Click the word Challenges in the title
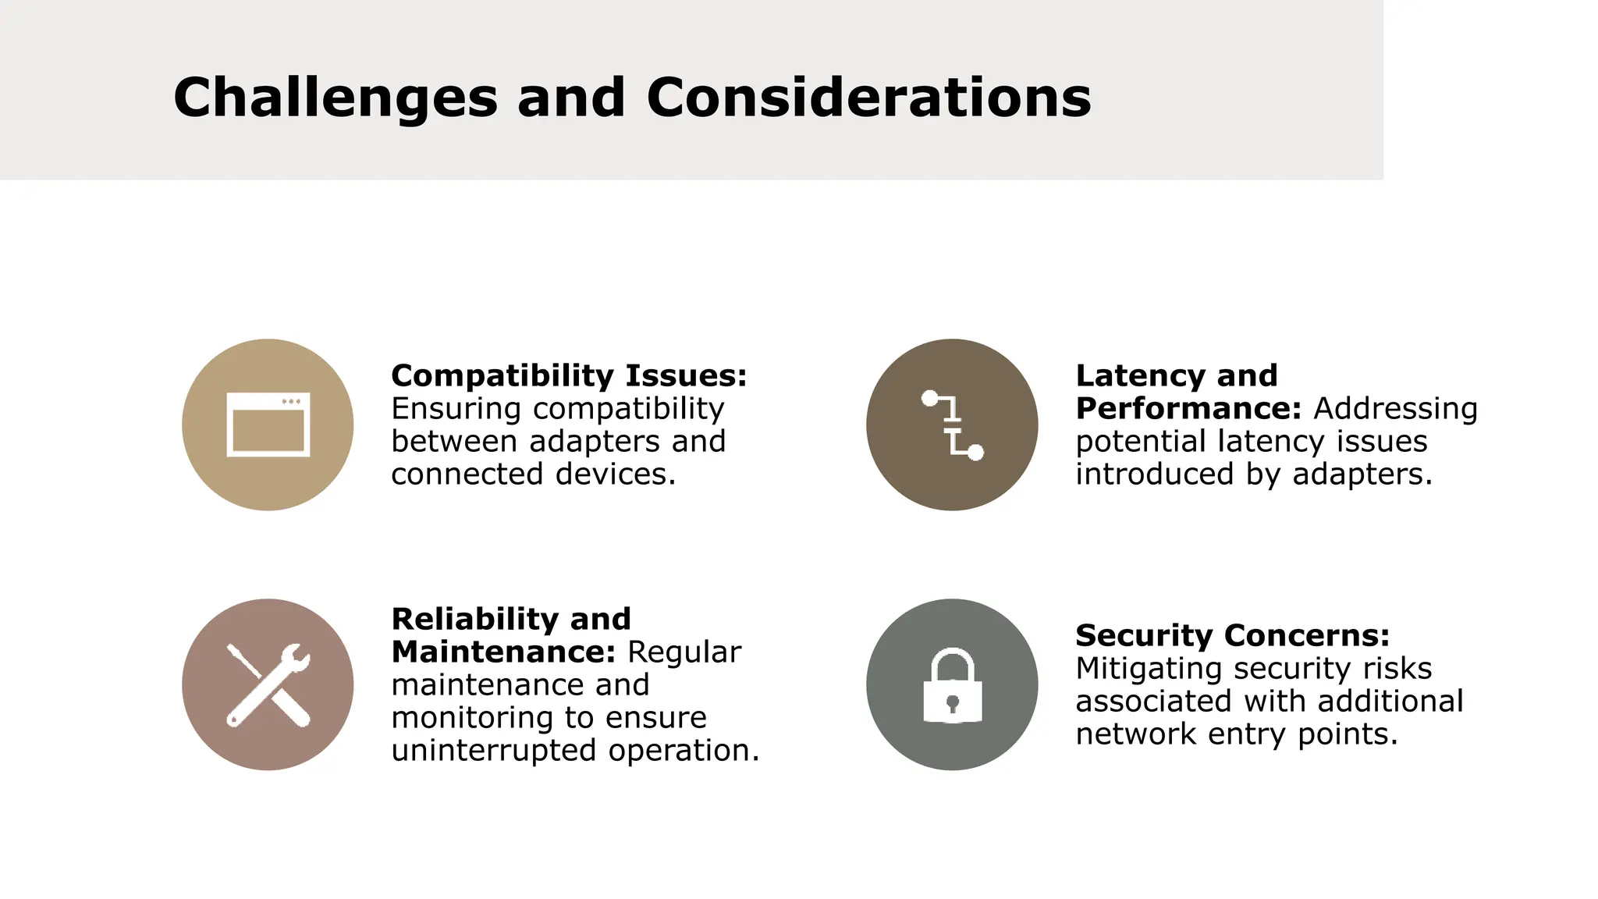tap(335, 98)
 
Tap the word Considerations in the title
tap(868, 98)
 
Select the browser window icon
tap(268, 425)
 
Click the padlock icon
tap(952, 685)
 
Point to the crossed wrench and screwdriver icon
tap(268, 685)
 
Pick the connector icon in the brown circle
tap(952, 425)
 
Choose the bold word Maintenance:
tap(503, 652)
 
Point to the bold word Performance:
tap(1188, 409)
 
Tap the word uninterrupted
tap(495, 751)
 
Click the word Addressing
tap(1395, 409)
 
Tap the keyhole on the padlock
tap(952, 703)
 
